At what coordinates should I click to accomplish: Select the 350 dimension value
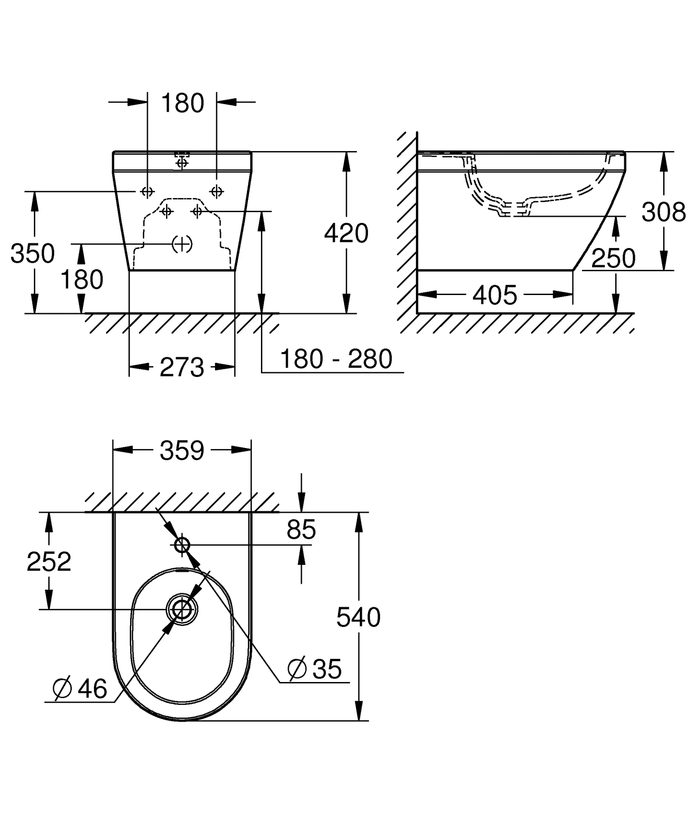[33, 253]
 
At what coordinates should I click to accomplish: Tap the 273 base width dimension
[182, 367]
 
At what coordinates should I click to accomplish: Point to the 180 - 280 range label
[336, 359]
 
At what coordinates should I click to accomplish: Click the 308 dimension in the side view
[664, 212]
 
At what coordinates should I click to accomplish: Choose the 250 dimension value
[613, 258]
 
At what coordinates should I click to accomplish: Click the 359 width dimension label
[182, 450]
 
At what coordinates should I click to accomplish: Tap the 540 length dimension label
[358, 617]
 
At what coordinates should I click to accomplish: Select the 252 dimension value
[49, 562]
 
